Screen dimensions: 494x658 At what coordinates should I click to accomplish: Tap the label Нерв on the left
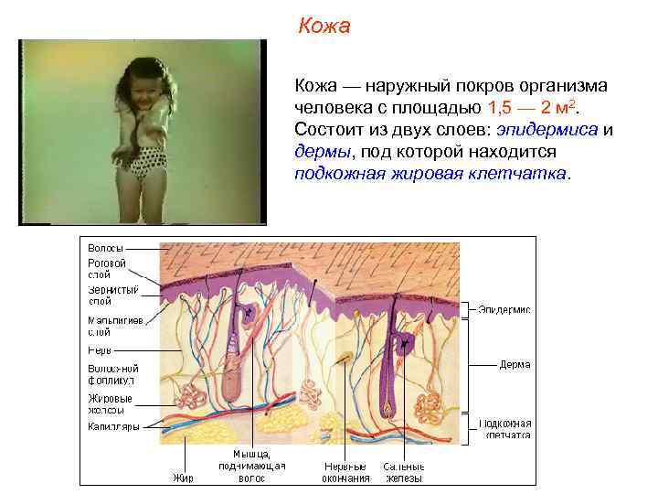point(100,349)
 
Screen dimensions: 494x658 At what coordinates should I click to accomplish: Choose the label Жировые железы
point(110,404)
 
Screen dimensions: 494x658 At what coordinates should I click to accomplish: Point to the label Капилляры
point(113,426)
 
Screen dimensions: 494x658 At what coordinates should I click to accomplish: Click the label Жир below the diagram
point(183,478)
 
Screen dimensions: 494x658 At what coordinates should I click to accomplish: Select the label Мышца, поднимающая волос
point(251,466)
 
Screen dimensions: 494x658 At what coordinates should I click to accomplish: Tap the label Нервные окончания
point(346,471)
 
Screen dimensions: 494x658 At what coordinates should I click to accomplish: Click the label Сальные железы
point(403,471)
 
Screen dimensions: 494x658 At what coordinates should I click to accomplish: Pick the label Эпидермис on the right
point(504,310)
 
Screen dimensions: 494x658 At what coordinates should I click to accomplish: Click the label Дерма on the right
point(514,364)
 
